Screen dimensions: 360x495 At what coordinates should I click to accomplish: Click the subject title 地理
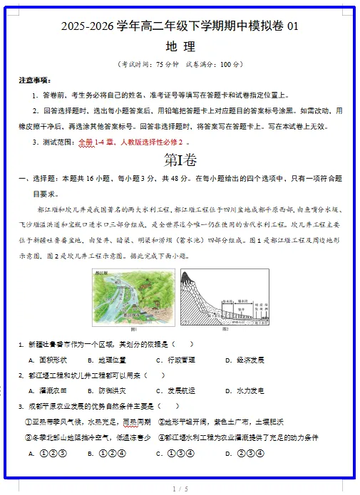coord(180,47)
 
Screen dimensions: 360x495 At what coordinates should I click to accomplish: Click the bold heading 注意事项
coord(35,80)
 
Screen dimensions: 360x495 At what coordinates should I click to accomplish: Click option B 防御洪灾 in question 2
coord(111,390)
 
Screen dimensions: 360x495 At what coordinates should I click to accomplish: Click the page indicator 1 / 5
coord(180,489)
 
